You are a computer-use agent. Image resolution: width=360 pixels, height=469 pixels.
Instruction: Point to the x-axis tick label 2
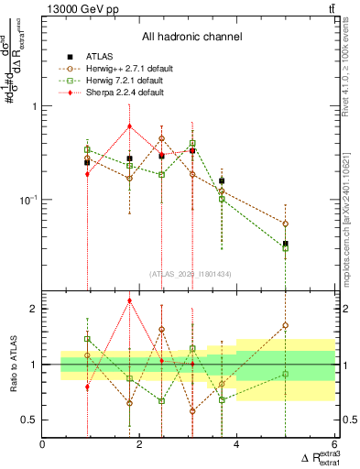coord(139,444)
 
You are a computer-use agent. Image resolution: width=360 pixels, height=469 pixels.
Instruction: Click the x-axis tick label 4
coord(236,444)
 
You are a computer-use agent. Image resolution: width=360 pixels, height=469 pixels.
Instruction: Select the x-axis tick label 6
coord(333,444)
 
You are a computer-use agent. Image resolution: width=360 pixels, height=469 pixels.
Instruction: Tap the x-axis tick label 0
coord(43,444)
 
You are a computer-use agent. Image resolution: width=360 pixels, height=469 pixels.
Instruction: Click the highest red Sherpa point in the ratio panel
coord(130,300)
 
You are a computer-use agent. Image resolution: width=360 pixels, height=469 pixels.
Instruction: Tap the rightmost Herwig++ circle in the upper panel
coord(286,224)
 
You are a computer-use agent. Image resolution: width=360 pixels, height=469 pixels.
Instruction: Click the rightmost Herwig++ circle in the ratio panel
coord(286,324)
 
